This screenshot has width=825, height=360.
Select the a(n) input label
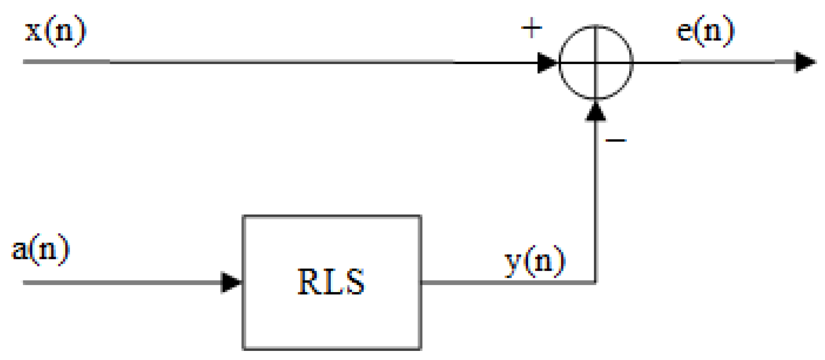click(41, 249)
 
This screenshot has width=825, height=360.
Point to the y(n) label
click(535, 262)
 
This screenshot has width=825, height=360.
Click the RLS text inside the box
click(331, 282)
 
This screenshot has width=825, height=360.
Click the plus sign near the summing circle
click(532, 28)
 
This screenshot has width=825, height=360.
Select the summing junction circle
click(596, 62)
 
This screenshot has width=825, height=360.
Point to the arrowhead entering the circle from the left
click(546, 62)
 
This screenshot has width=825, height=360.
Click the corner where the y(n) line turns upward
click(596, 283)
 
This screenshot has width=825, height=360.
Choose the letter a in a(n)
click(20, 250)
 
